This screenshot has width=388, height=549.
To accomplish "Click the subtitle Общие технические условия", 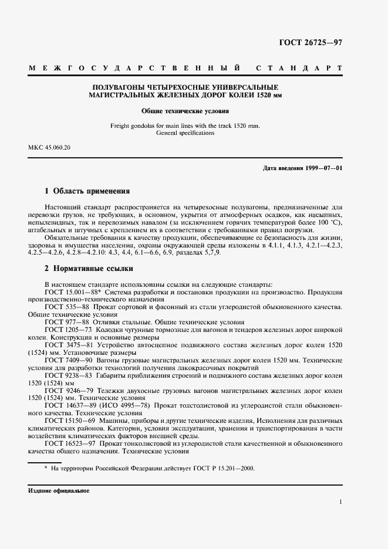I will click(x=185, y=111).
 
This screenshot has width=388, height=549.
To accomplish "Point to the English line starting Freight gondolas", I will click(x=185, y=126).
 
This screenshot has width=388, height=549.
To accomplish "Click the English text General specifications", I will click(x=185, y=133).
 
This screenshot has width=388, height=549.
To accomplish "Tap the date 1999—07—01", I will click(x=324, y=168).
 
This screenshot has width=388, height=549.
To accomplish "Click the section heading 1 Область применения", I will click(x=87, y=191).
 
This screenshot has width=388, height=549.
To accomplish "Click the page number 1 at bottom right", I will click(x=340, y=502).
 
